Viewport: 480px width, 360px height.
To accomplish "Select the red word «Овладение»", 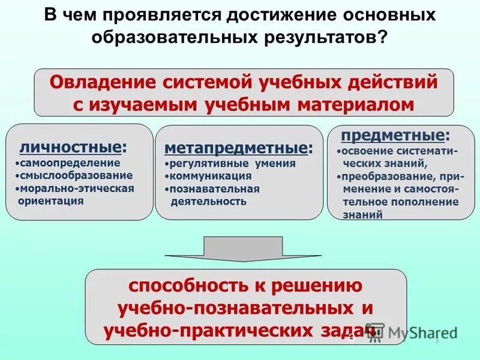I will pyautogui.click(x=98, y=82).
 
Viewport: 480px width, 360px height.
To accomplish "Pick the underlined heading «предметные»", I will pyautogui.click(x=393, y=134).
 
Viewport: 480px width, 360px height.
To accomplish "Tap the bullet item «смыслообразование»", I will pyautogui.click(x=74, y=175).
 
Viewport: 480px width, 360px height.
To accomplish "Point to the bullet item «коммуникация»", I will pyautogui.click(x=209, y=176).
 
